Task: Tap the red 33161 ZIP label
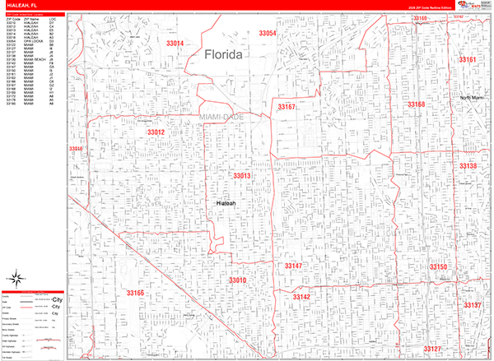click(x=467, y=60)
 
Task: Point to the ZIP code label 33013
click(x=241, y=176)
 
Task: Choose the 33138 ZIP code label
click(x=468, y=166)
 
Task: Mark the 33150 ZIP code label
click(x=438, y=267)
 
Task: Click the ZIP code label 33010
click(x=237, y=281)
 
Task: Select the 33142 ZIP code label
click(x=301, y=296)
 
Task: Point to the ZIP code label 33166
click(x=135, y=293)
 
